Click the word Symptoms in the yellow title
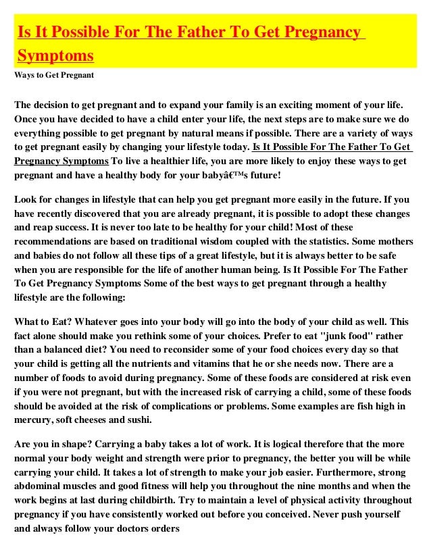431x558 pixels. point(55,54)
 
